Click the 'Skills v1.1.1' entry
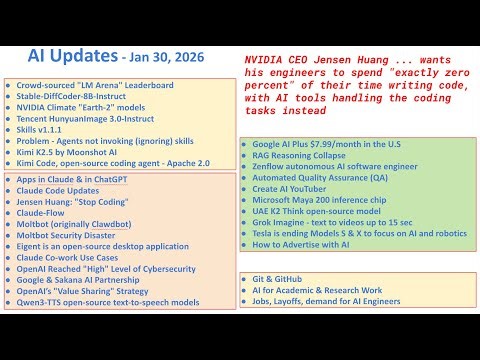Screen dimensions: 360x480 click(45, 140)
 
